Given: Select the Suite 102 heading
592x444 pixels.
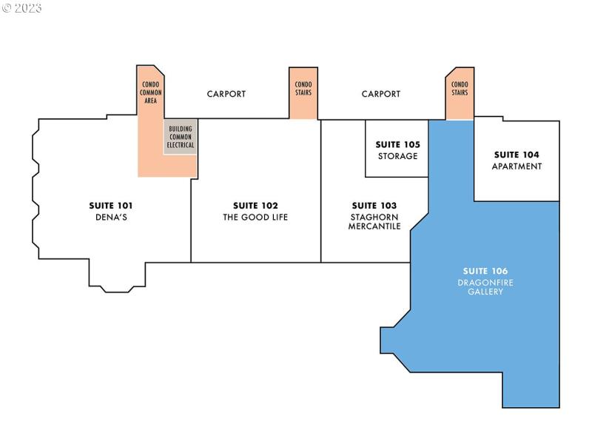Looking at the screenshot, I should click(255, 205).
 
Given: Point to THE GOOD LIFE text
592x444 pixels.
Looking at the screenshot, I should click(255, 217).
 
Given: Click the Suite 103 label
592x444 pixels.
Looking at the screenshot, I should click(374, 205).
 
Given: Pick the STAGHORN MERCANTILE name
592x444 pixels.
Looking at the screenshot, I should click(374, 221).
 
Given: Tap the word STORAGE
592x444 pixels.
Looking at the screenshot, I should click(397, 156).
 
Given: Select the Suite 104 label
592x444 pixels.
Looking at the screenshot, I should click(517, 155).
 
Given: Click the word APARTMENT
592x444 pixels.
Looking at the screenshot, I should click(517, 166).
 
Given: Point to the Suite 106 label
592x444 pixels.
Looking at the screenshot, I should click(485, 271).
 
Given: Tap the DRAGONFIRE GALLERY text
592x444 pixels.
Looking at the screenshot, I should click(485, 287).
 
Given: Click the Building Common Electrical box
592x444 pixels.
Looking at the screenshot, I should click(181, 137).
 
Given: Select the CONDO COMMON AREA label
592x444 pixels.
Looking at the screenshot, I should click(151, 92).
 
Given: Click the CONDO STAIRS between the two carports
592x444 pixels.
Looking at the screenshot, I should click(303, 89).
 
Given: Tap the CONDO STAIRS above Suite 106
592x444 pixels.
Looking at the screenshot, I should click(460, 89).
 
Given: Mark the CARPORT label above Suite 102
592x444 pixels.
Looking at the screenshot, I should click(226, 94).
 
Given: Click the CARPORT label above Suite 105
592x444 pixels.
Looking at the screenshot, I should click(381, 94).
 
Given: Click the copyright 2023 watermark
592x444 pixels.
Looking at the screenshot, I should click(21, 8).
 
